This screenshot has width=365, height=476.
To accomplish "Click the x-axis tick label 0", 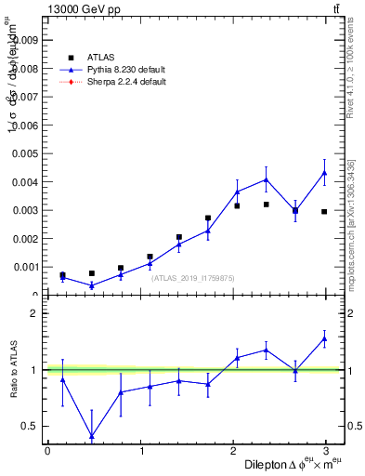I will (47, 451).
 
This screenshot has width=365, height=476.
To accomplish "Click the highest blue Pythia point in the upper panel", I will (324, 172).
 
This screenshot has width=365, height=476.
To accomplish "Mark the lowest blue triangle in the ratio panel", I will (91, 436).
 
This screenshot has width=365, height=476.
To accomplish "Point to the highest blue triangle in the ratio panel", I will (324, 339).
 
